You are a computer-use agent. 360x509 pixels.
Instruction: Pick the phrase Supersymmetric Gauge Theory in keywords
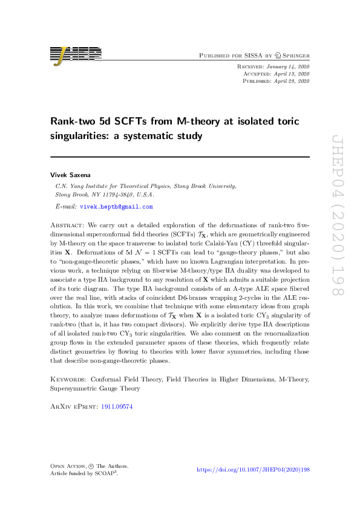(95, 389)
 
